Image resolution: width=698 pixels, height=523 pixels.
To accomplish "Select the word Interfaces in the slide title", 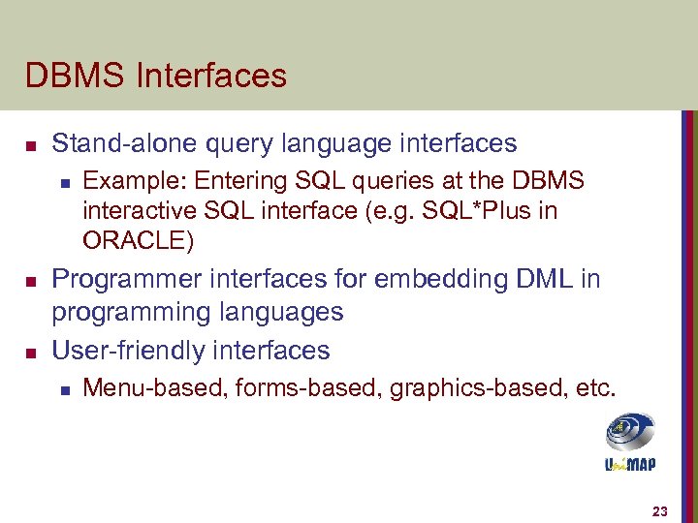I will pos(210,76).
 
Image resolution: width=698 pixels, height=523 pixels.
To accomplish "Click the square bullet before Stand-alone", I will pos(30,146).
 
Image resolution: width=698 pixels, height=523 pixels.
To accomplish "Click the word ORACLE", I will pos(135,239).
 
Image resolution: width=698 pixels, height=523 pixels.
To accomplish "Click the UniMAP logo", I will pos(630,442).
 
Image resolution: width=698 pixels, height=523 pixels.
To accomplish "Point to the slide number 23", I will pos(660,510).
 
